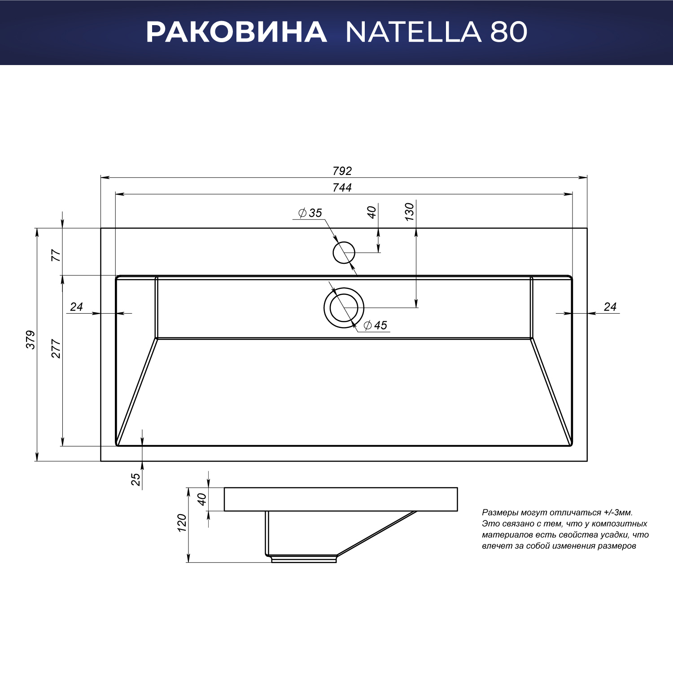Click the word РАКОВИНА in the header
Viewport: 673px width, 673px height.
[236, 32]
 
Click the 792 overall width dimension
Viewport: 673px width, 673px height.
[342, 171]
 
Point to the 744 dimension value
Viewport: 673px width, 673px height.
[342, 188]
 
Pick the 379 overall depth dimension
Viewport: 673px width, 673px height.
[30, 340]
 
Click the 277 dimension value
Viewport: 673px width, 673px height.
[56, 349]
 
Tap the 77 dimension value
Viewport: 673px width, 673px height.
[56, 256]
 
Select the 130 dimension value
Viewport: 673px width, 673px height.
[410, 212]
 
